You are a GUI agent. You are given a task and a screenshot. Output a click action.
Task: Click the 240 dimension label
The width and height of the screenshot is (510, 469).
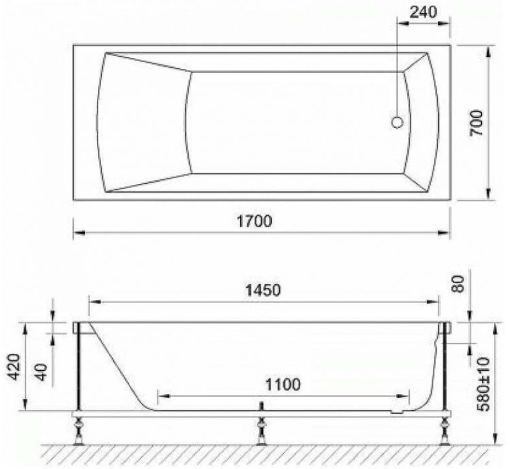(x=423, y=12)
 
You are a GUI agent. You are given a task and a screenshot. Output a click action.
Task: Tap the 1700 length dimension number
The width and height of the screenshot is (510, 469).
(x=254, y=222)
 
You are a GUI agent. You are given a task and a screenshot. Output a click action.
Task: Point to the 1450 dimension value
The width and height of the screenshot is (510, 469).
(x=262, y=290)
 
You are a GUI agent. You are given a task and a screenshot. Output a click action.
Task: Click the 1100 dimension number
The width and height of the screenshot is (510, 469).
(x=283, y=385)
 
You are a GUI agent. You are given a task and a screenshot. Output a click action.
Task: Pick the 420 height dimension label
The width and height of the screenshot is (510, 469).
(x=14, y=367)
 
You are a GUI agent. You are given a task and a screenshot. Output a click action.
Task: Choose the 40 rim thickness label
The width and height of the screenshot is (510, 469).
(x=41, y=372)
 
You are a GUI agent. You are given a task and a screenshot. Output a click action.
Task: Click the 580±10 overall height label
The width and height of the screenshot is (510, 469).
(x=483, y=385)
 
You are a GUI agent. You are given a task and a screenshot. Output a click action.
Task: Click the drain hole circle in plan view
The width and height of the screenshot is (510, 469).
(x=397, y=122)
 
